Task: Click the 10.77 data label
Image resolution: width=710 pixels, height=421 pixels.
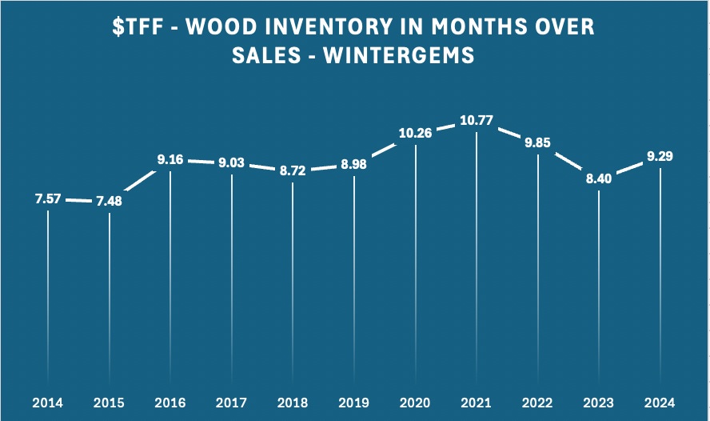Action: [x=477, y=122]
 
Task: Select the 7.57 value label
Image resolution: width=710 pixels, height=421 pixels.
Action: [x=48, y=198]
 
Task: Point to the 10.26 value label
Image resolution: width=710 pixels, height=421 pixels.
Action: [x=415, y=133]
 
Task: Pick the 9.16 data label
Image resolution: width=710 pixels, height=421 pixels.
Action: [x=170, y=160]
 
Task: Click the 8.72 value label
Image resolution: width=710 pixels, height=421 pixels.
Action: [x=293, y=171]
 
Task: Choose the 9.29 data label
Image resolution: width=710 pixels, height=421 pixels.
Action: [x=660, y=156]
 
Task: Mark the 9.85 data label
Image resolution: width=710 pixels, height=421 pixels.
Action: [x=538, y=143]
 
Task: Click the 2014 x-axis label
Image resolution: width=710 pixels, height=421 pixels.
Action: [x=48, y=401]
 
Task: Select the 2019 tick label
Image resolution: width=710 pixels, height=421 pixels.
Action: [x=354, y=401]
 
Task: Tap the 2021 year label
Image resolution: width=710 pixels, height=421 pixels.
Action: [x=477, y=401]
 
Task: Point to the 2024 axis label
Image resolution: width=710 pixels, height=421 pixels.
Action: [x=660, y=401]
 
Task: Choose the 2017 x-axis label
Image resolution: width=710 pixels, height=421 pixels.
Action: [x=232, y=401]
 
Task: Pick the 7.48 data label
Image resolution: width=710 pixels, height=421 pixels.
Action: [x=110, y=201]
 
